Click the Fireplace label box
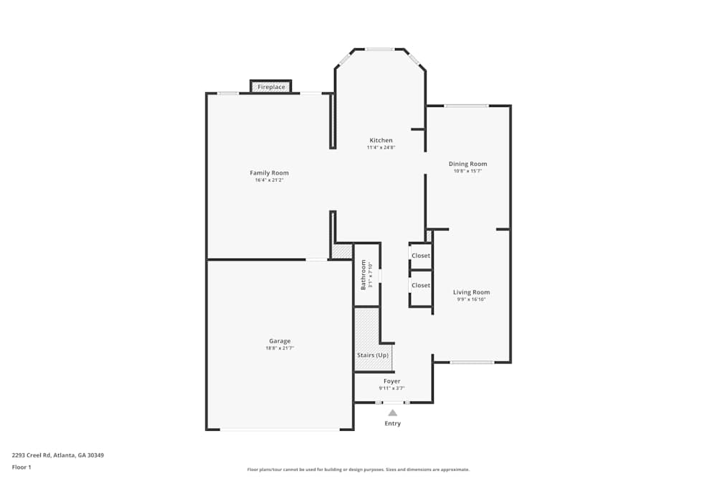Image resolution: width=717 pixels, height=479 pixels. pyautogui.click(x=271, y=87)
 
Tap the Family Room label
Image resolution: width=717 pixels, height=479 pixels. pyautogui.click(x=269, y=173)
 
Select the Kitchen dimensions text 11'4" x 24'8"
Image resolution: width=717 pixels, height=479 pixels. pyautogui.click(x=381, y=148)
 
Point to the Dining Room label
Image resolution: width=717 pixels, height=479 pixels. pyautogui.click(x=467, y=164)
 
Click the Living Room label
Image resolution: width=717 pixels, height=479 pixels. pyautogui.click(x=471, y=292)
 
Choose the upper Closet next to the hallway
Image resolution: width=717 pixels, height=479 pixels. pyautogui.click(x=421, y=256)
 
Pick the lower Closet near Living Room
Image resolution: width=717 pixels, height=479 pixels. pyautogui.click(x=421, y=285)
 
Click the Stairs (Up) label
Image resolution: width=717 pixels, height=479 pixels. pyautogui.click(x=373, y=355)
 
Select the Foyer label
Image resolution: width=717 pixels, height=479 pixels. pyautogui.click(x=391, y=381)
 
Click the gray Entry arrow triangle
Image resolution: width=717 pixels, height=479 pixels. pyautogui.click(x=392, y=413)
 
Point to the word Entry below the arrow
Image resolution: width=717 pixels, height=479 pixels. pyautogui.click(x=392, y=424)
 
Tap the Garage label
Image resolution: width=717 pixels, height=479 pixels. pyautogui.click(x=280, y=341)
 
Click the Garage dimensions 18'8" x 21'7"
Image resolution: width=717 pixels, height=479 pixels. pyautogui.click(x=280, y=348)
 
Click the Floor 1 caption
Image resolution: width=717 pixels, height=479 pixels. pyautogui.click(x=22, y=467)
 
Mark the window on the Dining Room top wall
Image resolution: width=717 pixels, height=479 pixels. pyautogui.click(x=466, y=106)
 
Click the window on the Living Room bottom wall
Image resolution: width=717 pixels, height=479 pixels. pyautogui.click(x=472, y=362)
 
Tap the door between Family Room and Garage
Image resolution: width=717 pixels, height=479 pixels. pyautogui.click(x=316, y=259)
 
